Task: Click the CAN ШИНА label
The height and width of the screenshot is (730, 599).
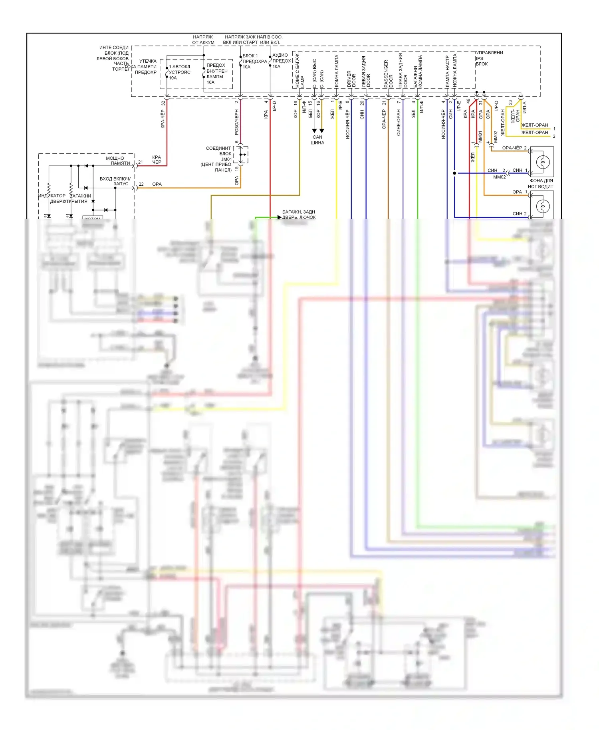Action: coord(317,140)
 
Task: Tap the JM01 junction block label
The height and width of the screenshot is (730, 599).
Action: coord(226,159)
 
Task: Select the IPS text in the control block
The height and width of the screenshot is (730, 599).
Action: coord(479,58)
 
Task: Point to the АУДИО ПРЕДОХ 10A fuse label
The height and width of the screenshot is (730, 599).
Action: coord(281,61)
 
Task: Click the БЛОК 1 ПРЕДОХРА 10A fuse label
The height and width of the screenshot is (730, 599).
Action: coord(254,61)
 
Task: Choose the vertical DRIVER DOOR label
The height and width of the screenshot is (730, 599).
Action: coord(351,79)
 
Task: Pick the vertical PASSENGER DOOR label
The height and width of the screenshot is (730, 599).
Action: coord(388,74)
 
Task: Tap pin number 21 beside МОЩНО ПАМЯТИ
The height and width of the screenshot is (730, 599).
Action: coord(141,162)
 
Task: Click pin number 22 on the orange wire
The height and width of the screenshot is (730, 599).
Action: coord(141,184)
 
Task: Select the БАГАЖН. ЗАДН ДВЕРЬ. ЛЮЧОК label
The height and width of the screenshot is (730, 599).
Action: coord(299,214)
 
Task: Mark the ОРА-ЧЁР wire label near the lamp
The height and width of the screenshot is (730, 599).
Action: coord(512,148)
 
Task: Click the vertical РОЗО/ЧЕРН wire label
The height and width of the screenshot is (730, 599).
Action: coord(236,122)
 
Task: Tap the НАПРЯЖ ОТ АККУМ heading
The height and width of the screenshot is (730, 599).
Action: coord(203,40)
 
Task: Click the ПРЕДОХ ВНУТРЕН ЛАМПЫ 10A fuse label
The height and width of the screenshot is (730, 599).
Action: coord(216,73)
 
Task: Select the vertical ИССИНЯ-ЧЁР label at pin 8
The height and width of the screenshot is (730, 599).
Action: coord(347,125)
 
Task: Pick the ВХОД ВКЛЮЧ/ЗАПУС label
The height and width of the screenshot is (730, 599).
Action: coord(115,181)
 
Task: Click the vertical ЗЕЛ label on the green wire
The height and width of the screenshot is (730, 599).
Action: coord(413,114)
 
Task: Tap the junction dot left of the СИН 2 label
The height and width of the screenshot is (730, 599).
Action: coord(454,173)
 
